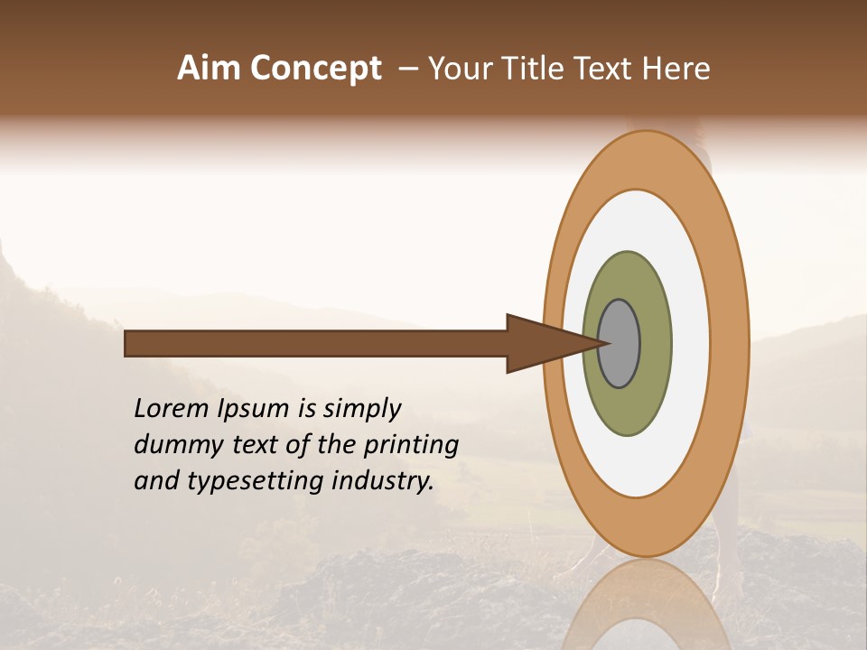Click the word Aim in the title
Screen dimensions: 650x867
[x=209, y=69]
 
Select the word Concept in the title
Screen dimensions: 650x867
[x=315, y=70]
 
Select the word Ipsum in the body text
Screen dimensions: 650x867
[x=256, y=409]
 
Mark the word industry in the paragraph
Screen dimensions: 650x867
[x=385, y=481]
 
